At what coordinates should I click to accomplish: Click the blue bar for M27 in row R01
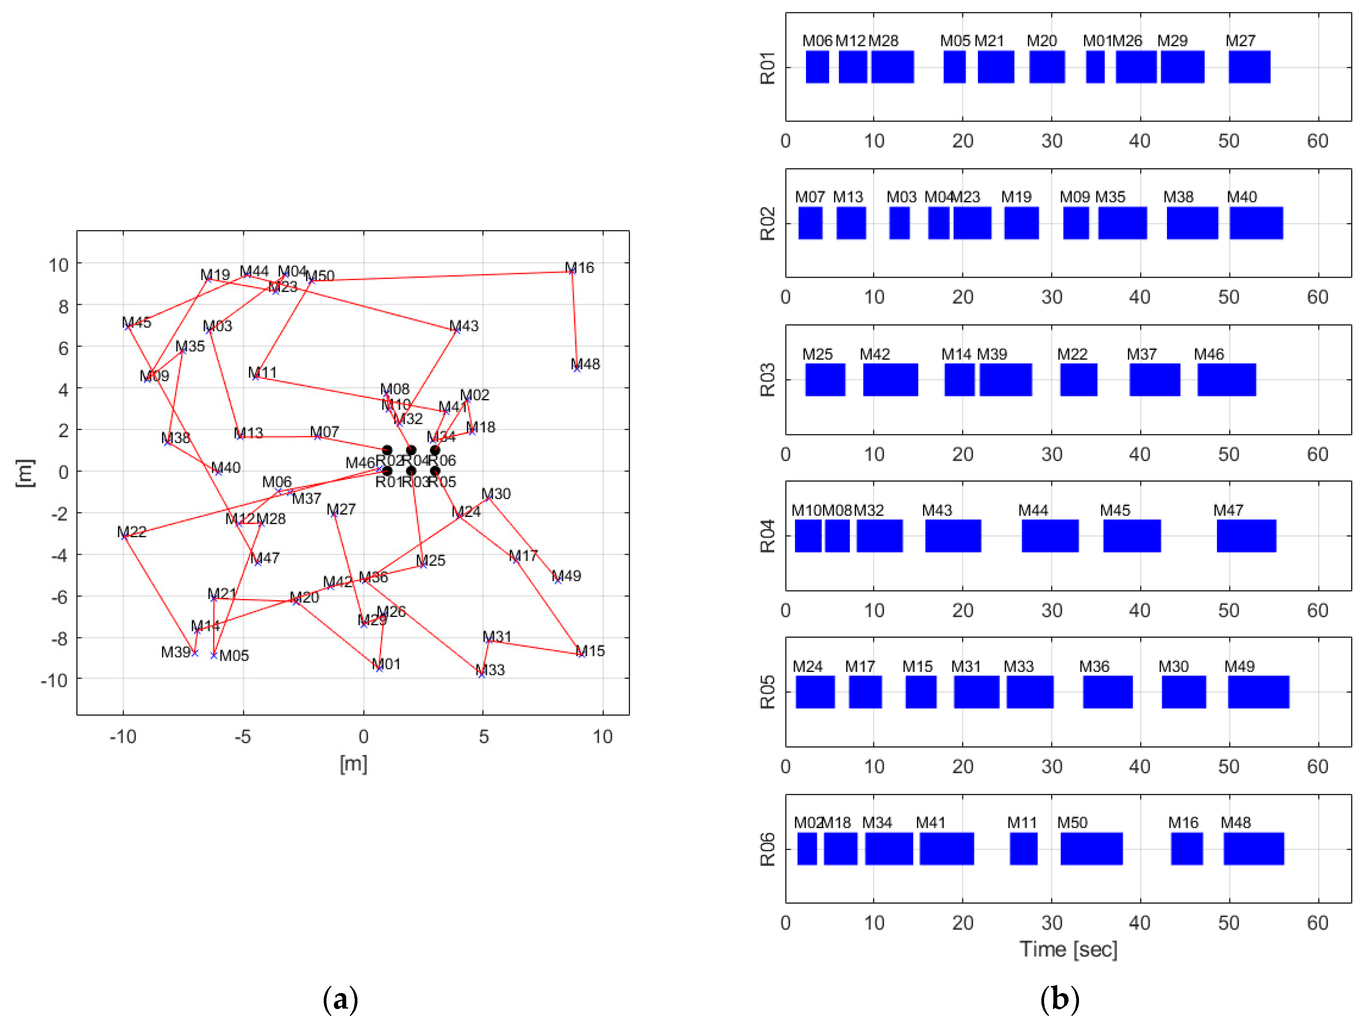[x=1249, y=67]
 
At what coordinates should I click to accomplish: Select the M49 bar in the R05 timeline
[x=1258, y=692]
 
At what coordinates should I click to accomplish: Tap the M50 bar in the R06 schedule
[x=1091, y=849]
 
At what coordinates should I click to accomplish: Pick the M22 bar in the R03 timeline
[x=1078, y=380]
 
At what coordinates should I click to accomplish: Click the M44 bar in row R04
[x=1050, y=535]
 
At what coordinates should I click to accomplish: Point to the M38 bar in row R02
[x=1192, y=223]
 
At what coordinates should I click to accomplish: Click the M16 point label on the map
[x=579, y=268]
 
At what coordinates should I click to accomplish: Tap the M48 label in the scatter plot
[x=585, y=364]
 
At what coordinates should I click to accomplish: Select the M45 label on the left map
[x=136, y=322]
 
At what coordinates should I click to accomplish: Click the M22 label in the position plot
[x=132, y=532]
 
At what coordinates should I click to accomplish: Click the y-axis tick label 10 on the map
[x=59, y=265]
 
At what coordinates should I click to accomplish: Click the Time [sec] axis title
[x=1068, y=949]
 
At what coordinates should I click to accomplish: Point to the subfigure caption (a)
[x=340, y=1000]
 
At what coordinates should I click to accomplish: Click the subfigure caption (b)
[x=1059, y=1000]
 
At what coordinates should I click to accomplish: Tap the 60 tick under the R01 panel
[x=1318, y=141]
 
